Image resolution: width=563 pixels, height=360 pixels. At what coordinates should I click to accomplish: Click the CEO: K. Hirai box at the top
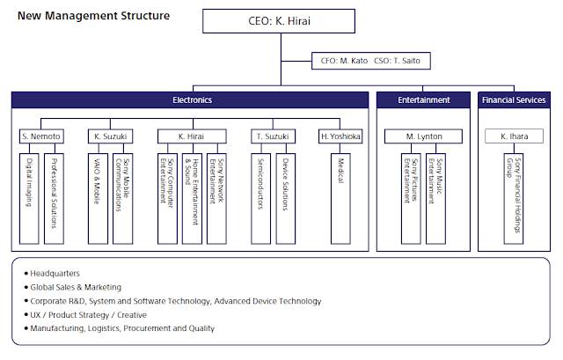point(279,21)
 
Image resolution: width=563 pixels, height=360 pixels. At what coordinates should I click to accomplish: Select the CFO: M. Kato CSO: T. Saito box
point(371,61)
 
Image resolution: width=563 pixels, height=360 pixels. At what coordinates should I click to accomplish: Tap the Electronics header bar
point(190,99)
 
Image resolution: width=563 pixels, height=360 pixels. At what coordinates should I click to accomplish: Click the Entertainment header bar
point(423,99)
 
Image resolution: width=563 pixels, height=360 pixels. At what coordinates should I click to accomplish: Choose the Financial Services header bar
point(514,99)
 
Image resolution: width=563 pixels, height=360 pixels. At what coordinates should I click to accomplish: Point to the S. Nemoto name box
point(41,136)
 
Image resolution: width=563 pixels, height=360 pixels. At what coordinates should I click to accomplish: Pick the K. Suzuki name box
point(110,136)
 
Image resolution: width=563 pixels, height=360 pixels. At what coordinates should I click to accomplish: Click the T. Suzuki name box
point(273,136)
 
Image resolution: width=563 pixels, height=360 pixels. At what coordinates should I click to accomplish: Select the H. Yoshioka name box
point(340,136)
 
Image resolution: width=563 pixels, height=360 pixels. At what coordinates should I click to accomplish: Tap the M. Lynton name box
point(423,136)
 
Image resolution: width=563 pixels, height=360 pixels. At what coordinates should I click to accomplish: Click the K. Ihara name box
point(514,136)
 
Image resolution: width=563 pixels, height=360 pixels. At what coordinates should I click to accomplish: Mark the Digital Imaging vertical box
point(29,199)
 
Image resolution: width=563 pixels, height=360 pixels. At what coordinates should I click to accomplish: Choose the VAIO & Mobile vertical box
point(98,199)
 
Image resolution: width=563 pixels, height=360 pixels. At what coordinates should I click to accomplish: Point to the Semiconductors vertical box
point(260,199)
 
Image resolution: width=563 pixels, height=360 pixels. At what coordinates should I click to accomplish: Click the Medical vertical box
point(340,199)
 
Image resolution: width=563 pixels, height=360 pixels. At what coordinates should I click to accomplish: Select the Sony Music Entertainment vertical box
point(436,199)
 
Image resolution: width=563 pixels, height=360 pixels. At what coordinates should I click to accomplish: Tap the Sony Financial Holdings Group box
point(514,199)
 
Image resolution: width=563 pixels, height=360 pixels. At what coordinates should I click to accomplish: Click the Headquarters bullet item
point(52,274)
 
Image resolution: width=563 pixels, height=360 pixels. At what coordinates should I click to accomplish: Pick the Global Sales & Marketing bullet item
point(73,287)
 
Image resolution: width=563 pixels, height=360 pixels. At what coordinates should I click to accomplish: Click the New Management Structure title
point(94,16)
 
